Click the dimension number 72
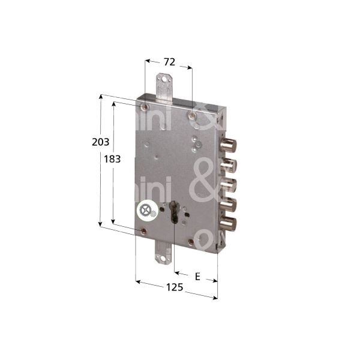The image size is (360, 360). (169, 62)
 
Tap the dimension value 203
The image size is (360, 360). (100, 142)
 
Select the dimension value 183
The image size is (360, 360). (112, 160)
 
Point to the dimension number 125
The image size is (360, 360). (174, 287)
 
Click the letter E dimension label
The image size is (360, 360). (197, 260)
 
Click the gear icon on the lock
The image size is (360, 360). (146, 211)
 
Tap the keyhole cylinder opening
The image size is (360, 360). (175, 214)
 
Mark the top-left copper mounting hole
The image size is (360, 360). (145, 107)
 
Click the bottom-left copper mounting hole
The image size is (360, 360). (143, 230)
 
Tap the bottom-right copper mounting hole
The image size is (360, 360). (191, 241)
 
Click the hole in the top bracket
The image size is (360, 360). (163, 79)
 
